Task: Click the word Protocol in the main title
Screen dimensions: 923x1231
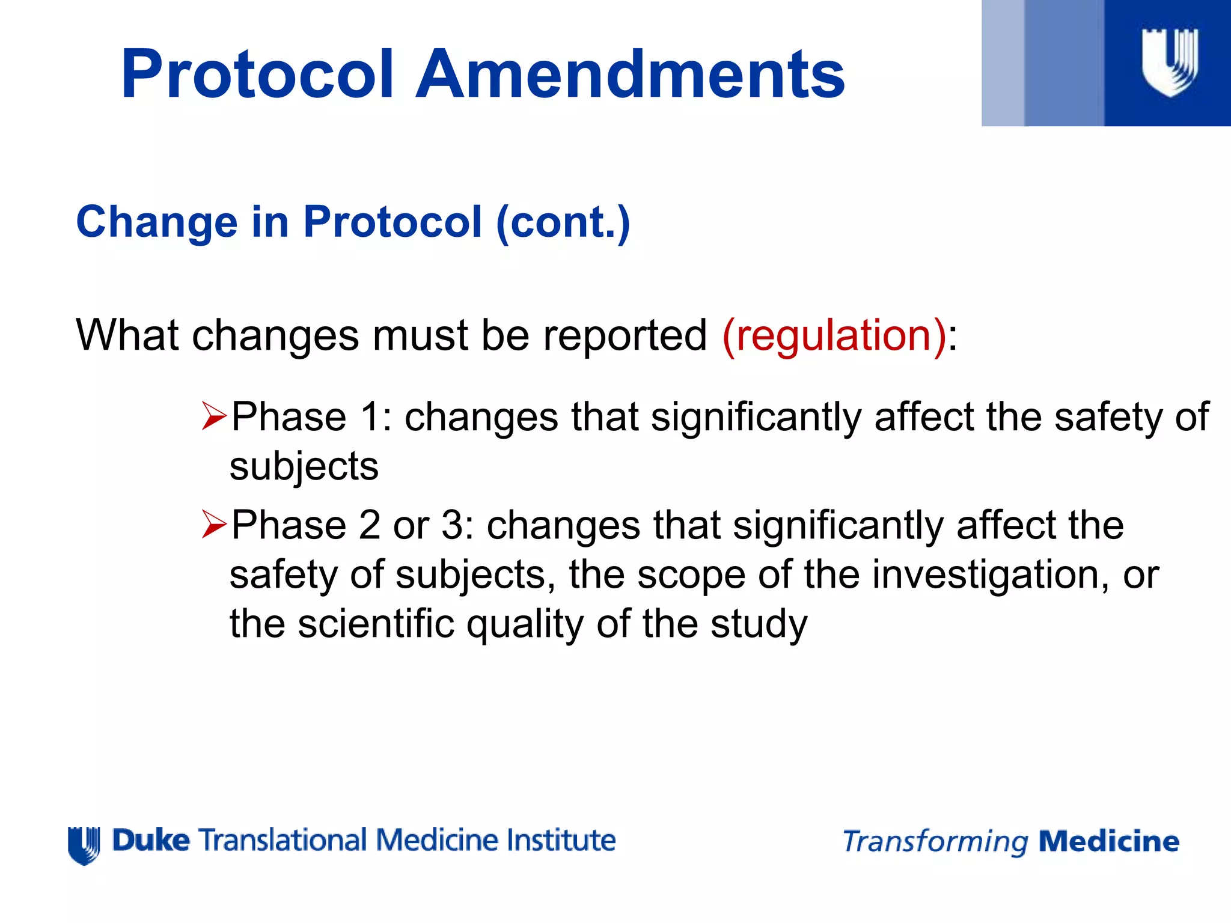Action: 257,75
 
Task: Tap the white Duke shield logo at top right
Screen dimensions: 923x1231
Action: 1169,62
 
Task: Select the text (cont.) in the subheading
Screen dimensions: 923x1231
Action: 563,222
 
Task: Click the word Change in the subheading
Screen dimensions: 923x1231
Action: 156,222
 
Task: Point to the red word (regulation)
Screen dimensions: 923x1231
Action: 834,335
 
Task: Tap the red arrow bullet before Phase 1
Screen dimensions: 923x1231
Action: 214,416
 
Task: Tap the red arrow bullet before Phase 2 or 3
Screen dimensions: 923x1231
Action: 214,525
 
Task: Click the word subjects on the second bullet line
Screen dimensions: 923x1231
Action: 304,466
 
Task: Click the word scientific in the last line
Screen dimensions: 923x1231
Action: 376,623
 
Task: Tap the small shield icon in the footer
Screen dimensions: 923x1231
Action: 84,844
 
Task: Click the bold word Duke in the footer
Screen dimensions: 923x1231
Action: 151,840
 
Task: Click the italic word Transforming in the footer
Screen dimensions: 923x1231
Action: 935,841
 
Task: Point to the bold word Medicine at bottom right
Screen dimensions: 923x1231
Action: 1108,841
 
